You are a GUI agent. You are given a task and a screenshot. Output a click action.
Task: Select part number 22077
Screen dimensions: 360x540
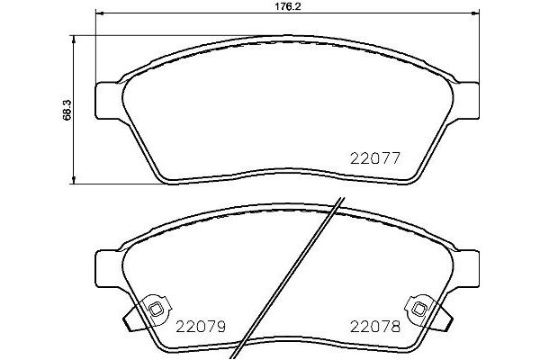click(x=373, y=157)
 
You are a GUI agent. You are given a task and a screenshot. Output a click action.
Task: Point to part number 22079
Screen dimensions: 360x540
click(x=199, y=326)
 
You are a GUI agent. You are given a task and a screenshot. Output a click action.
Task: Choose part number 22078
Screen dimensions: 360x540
click(x=374, y=326)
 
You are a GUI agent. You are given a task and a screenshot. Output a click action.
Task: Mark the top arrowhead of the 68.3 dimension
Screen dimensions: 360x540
click(x=74, y=39)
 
